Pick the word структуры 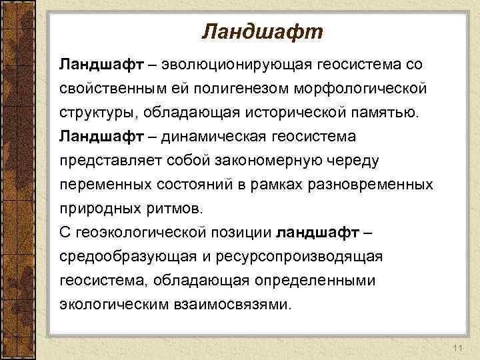[94, 113]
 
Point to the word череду [352, 161]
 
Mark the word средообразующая [119, 257]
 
